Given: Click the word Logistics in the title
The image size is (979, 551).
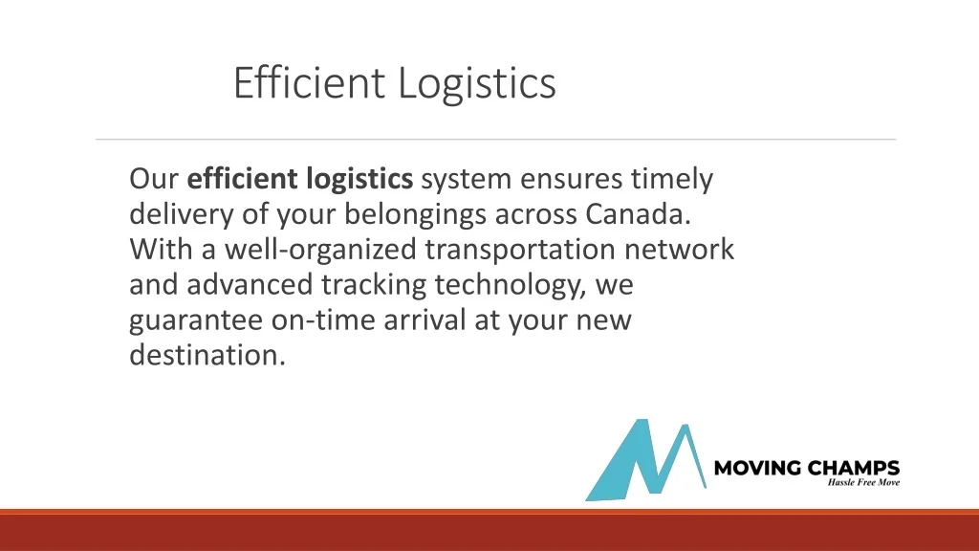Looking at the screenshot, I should (476, 84).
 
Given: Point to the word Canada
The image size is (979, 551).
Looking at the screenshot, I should (638, 213).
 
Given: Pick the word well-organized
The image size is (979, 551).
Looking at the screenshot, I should (323, 250).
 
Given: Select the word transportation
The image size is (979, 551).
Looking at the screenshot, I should (521, 249).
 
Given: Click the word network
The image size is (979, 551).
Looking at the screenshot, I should (680, 249).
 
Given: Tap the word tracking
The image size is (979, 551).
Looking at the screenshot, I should (374, 285).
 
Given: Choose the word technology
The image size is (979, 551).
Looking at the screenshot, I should (513, 285).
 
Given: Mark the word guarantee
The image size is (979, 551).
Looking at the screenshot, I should (196, 320).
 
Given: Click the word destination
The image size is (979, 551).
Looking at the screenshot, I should (207, 355).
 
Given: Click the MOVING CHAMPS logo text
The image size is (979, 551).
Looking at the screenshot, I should (807, 468).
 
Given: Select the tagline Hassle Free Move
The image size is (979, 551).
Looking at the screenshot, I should (862, 482).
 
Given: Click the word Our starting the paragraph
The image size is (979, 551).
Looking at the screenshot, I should (154, 179).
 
